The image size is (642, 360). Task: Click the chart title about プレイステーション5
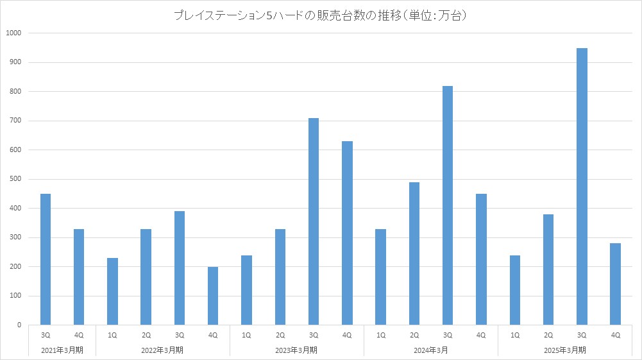320,15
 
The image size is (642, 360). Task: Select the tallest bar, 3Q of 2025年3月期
582,186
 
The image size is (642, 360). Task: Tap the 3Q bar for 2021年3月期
46,259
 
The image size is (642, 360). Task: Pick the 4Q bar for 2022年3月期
213,296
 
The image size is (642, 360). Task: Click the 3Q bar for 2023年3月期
314,221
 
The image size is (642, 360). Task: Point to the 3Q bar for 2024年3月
448,205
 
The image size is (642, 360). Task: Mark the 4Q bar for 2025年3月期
616,284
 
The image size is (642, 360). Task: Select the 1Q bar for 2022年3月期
112,291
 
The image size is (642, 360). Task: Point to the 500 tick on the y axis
15,179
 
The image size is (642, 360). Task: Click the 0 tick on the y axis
19,325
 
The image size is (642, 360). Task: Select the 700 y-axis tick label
15,121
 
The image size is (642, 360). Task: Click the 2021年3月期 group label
62,350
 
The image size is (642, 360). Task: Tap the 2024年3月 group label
431,350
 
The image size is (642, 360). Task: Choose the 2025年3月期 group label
565,350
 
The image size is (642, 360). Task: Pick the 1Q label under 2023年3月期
247,336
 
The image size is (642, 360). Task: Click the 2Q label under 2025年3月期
548,336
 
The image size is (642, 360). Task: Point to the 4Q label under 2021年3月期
79,336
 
